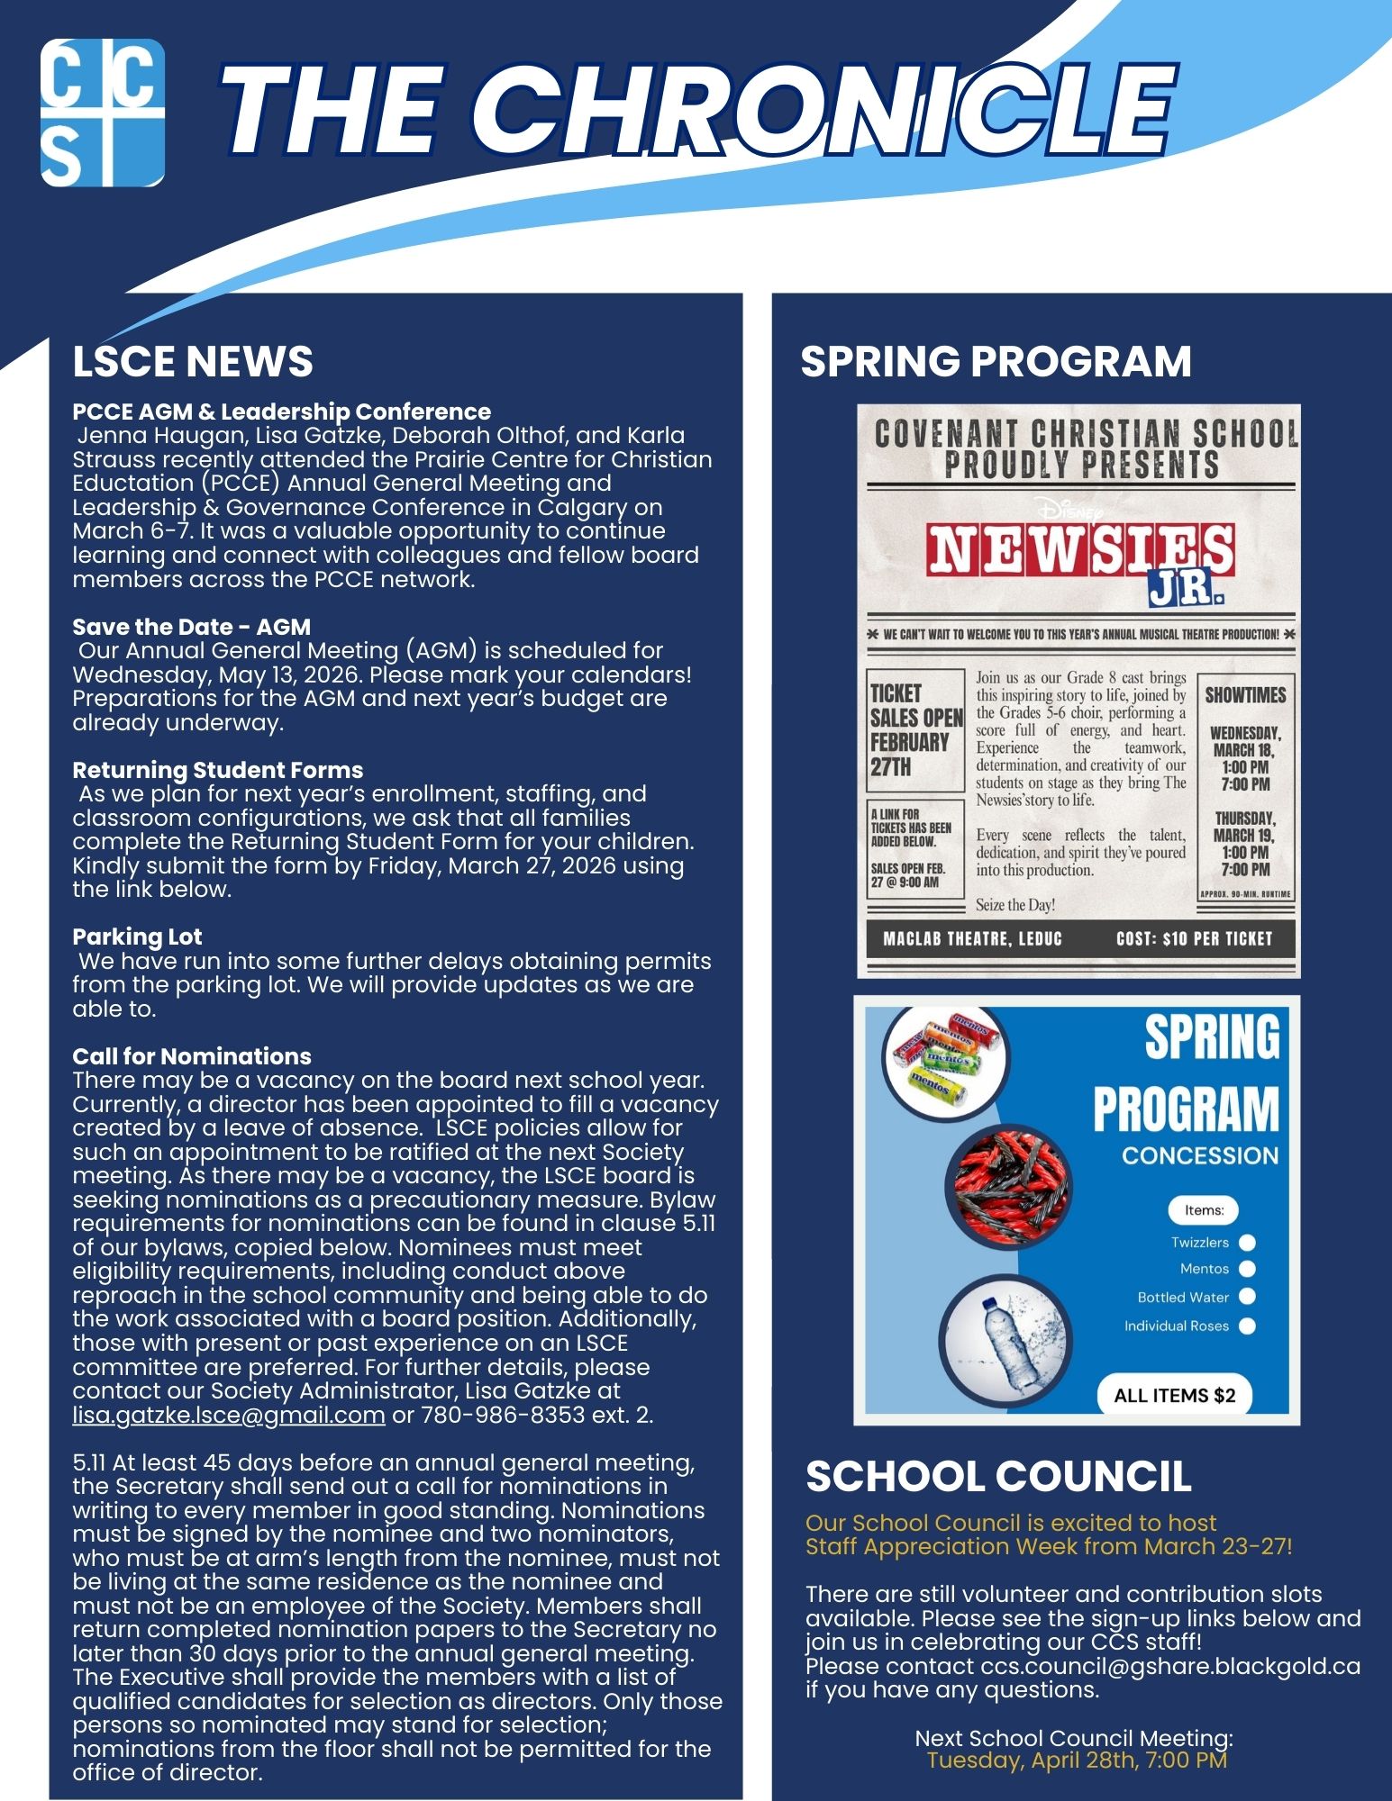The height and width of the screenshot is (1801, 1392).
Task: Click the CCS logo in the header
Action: (x=103, y=113)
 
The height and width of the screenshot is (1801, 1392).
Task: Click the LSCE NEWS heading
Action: (x=193, y=362)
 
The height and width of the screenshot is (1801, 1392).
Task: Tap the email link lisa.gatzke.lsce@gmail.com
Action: (x=229, y=1415)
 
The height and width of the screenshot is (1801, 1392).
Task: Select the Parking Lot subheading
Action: (x=137, y=937)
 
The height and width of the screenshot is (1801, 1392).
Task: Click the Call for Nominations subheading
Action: (x=192, y=1056)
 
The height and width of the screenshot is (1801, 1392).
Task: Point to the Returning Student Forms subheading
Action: (x=218, y=770)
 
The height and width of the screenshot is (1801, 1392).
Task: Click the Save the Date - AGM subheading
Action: (x=191, y=627)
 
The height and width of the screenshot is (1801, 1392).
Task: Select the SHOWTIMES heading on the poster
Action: (x=1245, y=695)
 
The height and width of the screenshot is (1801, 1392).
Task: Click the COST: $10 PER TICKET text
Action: (x=1194, y=939)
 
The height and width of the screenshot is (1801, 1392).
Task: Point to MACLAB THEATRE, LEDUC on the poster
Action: (x=973, y=939)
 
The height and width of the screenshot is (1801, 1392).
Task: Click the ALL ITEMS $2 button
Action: (x=1174, y=1396)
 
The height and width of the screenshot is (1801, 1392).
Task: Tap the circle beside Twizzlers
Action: (x=1248, y=1243)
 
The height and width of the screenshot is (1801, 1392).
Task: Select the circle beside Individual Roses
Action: (x=1248, y=1326)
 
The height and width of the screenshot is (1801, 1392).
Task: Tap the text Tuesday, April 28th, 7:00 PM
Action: (x=1077, y=1761)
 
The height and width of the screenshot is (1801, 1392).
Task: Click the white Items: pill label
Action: (x=1204, y=1210)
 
